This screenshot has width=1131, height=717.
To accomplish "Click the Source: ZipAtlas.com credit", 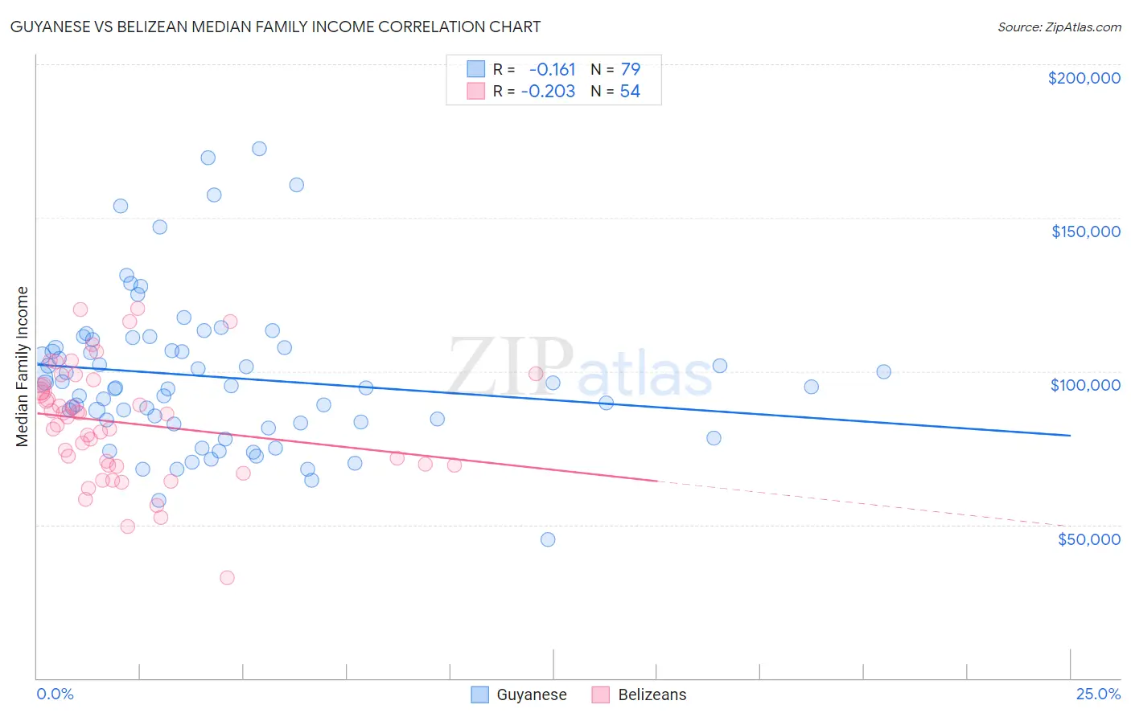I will tap(1059, 27).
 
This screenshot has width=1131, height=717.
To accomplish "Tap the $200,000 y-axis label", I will tap(1084, 78).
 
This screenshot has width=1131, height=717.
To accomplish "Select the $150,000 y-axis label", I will tap(1085, 231).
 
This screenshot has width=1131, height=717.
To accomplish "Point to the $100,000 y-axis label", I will tap(1085, 385).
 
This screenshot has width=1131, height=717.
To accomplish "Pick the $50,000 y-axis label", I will tap(1088, 539).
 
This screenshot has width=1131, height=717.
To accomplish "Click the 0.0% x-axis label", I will tap(55, 694).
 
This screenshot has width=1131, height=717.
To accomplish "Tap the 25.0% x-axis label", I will tap(1098, 694).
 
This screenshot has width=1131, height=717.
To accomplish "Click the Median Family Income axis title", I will tap(23, 367).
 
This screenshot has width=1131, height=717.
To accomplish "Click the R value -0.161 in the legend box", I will tap(552, 70).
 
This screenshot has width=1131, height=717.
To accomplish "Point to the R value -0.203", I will tap(548, 92).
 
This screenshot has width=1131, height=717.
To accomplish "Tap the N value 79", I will tap(630, 70).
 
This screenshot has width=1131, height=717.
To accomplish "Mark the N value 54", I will tap(630, 92).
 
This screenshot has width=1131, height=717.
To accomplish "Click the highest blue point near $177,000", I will tap(259, 149).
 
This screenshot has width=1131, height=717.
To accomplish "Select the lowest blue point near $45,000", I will tap(548, 539).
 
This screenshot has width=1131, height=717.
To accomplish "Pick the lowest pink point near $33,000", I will tap(227, 578).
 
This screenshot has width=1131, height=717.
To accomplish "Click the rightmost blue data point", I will tap(883, 371).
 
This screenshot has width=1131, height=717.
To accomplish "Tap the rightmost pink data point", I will tap(536, 373).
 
